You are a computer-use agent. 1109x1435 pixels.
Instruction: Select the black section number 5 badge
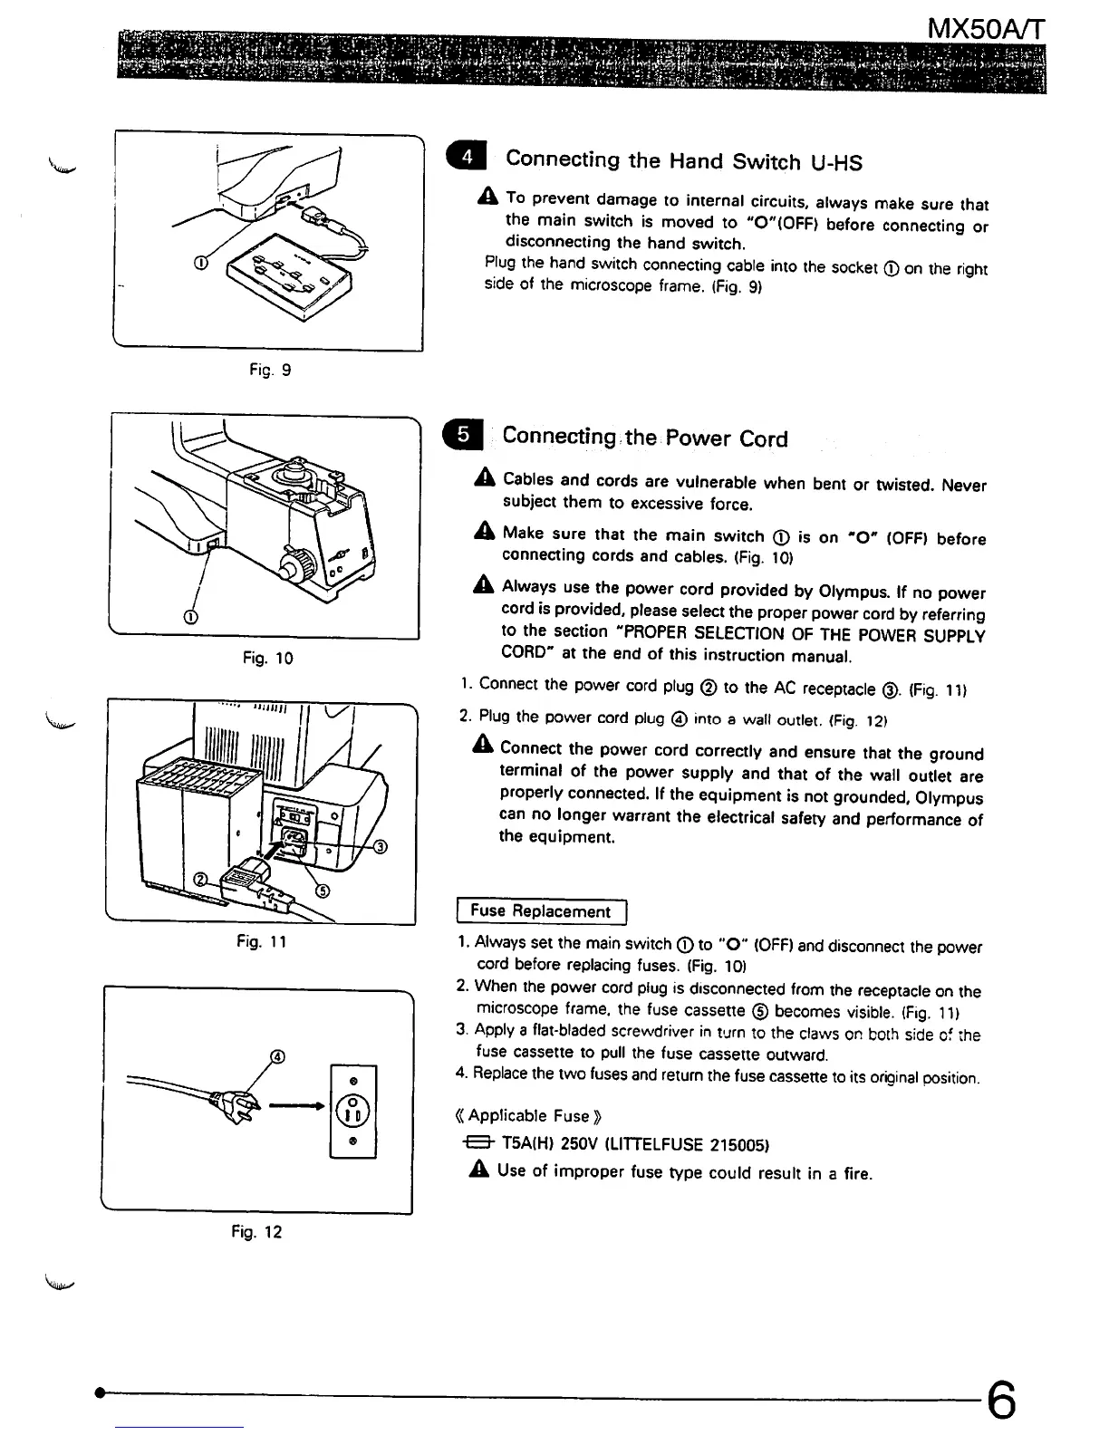(463, 435)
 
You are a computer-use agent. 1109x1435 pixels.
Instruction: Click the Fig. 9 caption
(270, 370)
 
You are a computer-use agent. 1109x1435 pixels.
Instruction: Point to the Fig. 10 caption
(267, 658)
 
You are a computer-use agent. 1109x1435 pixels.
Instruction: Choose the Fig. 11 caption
(261, 942)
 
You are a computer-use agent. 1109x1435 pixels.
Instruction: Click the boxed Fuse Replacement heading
(541, 911)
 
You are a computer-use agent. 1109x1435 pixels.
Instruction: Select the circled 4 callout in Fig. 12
(278, 1056)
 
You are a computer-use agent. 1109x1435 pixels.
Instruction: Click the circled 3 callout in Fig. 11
(381, 847)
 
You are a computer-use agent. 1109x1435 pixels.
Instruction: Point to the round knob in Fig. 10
(294, 569)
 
